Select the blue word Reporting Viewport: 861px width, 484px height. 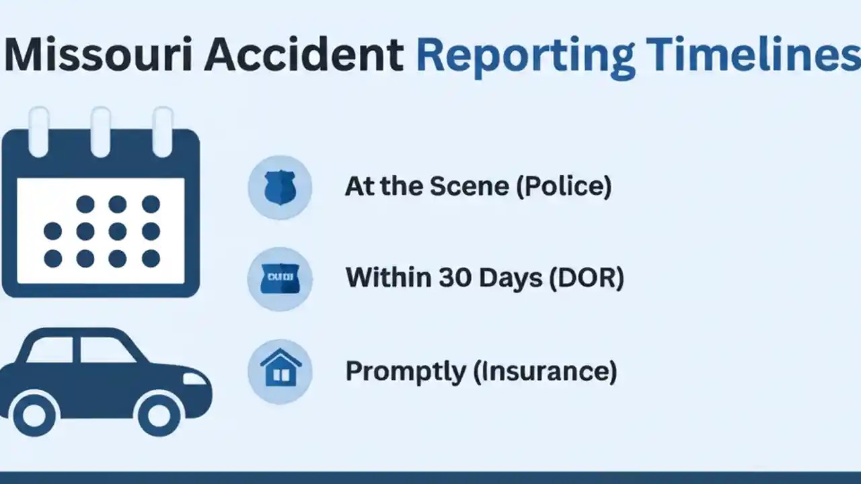(525, 56)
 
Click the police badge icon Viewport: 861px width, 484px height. (280, 188)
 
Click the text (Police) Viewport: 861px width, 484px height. (564, 187)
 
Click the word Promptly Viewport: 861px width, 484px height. (406, 372)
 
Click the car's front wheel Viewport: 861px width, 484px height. (159, 415)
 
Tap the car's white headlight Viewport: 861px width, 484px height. (196, 379)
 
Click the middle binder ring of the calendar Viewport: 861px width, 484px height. (101, 131)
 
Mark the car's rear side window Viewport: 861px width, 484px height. (50, 350)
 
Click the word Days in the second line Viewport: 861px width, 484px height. (511, 278)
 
